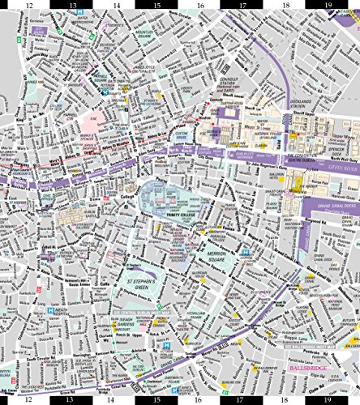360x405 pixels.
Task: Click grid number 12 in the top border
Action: pyautogui.click(x=28, y=6)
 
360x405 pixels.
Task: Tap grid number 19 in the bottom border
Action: pyautogui.click(x=328, y=399)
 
